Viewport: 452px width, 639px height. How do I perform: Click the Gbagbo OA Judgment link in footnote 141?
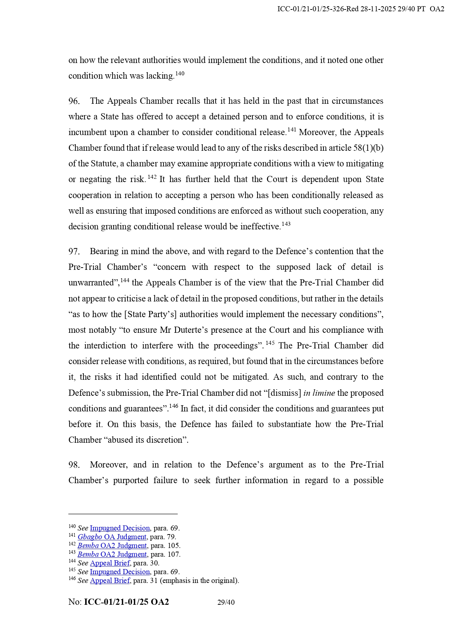pos(112,537)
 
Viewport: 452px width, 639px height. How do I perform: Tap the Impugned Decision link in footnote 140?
pos(120,528)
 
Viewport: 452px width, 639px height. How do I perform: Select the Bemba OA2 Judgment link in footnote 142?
pos(112,545)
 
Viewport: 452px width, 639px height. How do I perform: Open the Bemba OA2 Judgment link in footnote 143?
pos(112,554)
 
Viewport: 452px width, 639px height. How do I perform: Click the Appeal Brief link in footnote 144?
pos(110,563)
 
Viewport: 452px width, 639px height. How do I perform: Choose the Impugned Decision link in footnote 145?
pos(120,572)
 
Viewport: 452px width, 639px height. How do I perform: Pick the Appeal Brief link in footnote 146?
pos(110,580)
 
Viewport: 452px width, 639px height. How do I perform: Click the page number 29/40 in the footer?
pos(226,602)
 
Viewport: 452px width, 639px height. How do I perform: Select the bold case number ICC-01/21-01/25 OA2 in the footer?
pos(126,602)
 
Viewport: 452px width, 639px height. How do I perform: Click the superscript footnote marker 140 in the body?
pos(180,74)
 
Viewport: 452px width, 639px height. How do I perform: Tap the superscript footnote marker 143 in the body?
pos(286,224)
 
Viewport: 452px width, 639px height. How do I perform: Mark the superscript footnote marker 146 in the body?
pos(174,406)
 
